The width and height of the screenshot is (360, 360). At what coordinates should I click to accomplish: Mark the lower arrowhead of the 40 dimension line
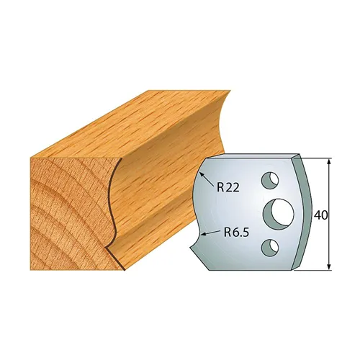[329, 269]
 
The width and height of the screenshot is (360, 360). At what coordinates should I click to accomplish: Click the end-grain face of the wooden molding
[65, 202]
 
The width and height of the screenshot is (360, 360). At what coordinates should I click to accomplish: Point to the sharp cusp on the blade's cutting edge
[198, 214]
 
